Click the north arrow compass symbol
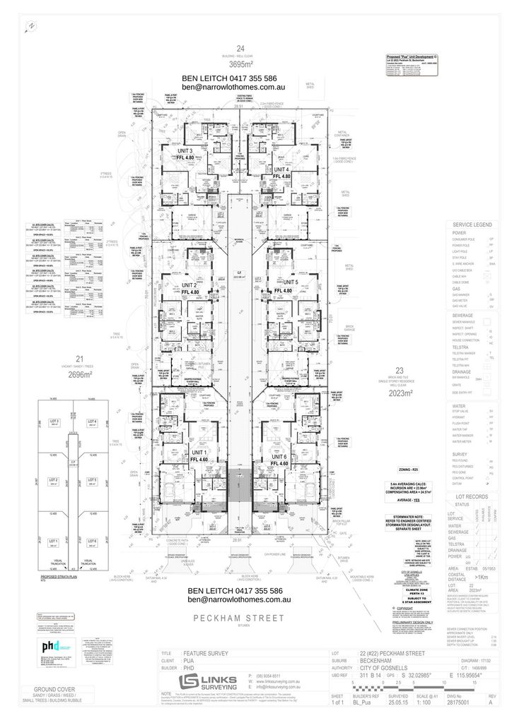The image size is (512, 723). (x=30, y=26)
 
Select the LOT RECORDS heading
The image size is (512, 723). (x=473, y=496)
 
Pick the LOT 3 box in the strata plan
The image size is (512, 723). (x=54, y=422)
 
